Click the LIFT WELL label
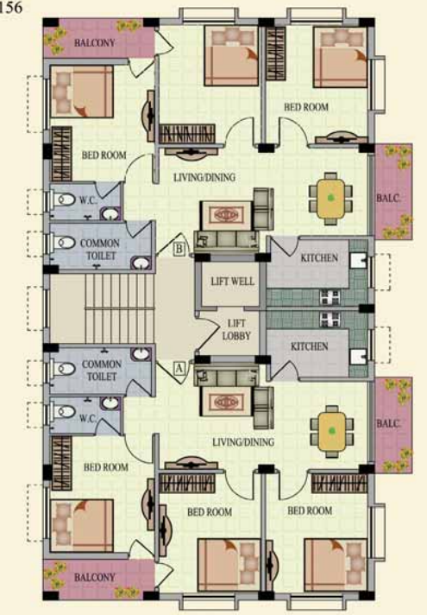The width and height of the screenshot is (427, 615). pos(232,282)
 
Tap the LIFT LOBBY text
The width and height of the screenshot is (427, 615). pos(236,329)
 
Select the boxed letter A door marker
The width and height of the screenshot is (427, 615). pos(179,368)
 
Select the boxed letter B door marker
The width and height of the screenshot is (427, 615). pos(179,249)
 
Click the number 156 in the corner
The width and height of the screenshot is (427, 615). pos(11,7)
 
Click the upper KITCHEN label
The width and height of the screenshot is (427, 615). pos(319,257)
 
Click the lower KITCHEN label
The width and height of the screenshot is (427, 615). pos(310,346)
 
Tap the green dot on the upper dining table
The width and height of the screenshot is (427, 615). pos(331,197)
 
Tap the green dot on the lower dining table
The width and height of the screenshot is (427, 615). pos(332,431)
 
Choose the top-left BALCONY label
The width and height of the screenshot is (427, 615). pos(94,42)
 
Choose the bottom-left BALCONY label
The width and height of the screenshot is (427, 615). pos(94,577)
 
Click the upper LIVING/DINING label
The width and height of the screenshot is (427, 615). pos(204,177)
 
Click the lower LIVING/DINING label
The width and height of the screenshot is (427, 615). pos(243,442)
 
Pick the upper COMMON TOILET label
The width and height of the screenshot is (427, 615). pos(100,250)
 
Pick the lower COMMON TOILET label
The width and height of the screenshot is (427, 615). pos(102,371)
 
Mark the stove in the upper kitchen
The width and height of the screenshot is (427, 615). pos(330,296)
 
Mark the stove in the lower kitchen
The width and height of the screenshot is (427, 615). pos(330,320)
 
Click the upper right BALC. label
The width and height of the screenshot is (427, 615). pos(388,198)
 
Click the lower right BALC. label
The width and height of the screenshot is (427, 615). pos(388,423)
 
